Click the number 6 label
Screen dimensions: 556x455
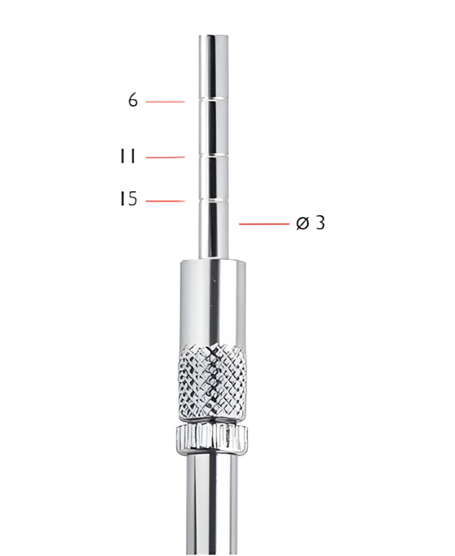click(132, 101)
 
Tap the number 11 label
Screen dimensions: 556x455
click(128, 157)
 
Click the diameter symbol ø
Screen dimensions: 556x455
click(303, 223)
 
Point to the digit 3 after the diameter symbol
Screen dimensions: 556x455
click(320, 223)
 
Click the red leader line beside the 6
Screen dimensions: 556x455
click(165, 102)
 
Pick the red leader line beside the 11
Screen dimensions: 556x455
click(165, 157)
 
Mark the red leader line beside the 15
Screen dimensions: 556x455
click(165, 200)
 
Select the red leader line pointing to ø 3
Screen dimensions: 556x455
click(265, 223)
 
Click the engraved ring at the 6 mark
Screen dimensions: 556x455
click(215, 99)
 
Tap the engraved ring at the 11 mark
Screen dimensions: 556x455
click(215, 154)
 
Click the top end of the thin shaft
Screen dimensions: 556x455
click(215, 37)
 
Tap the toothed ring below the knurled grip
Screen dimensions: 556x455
click(210, 439)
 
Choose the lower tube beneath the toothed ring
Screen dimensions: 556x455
click(211, 504)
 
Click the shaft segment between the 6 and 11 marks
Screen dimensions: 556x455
click(215, 127)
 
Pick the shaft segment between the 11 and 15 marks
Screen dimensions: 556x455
click(215, 177)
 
